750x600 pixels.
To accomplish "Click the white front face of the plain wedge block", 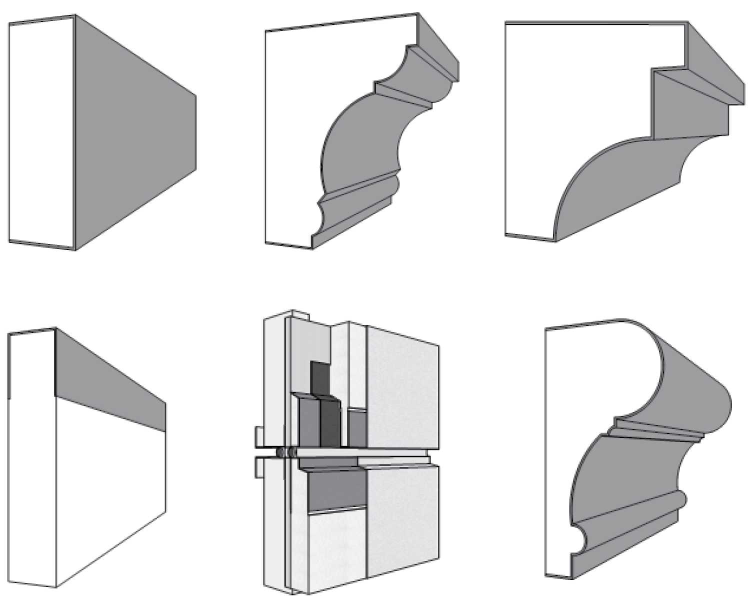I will point(41,132).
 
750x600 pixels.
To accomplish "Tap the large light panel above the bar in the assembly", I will point(402,385).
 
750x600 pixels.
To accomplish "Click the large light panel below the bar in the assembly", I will point(402,520).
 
